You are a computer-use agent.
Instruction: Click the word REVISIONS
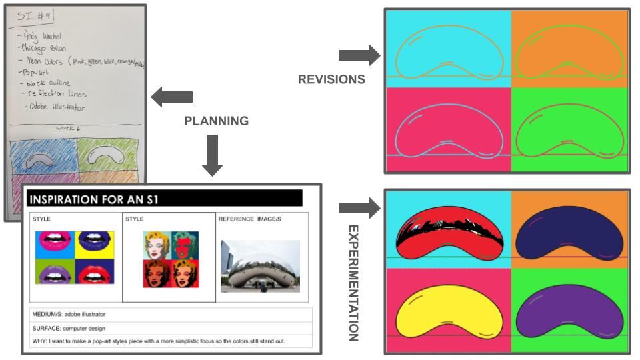(x=331, y=79)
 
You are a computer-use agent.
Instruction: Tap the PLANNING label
(x=216, y=121)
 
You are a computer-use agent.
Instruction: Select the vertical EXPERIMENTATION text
(x=353, y=283)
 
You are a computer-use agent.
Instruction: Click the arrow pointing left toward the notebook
(x=171, y=97)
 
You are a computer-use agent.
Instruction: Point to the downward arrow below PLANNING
(x=212, y=155)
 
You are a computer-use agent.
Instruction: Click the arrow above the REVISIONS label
(x=359, y=55)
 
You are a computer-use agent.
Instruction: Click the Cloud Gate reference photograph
(x=260, y=266)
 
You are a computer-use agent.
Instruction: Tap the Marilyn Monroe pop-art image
(x=171, y=259)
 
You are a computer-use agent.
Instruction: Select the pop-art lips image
(x=75, y=257)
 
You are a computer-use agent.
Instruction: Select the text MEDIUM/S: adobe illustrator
(x=69, y=314)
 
